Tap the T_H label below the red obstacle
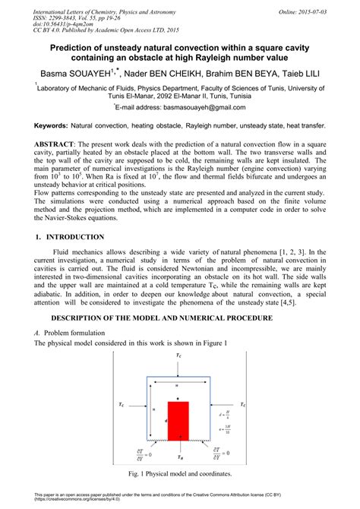(x=178, y=457)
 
